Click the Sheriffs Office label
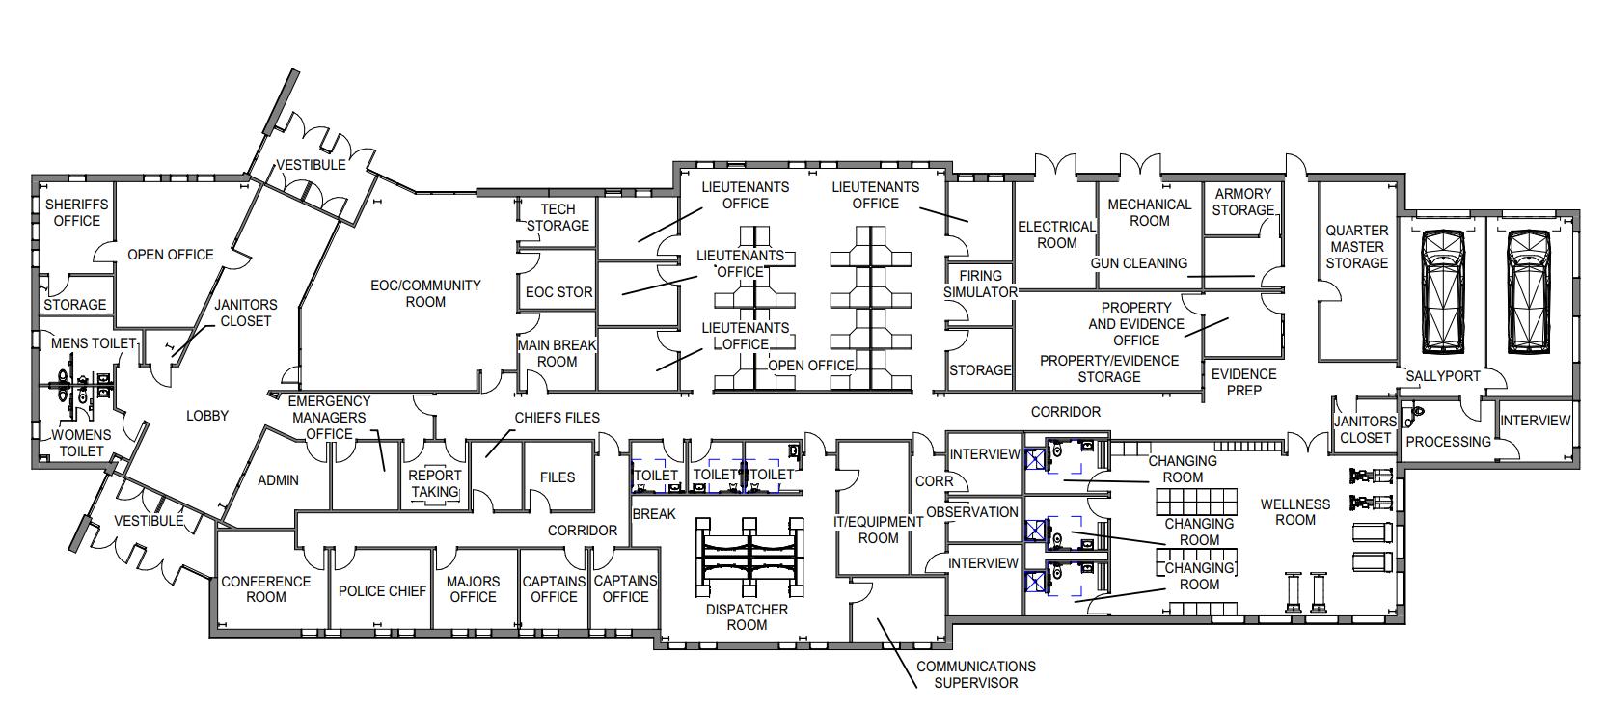click(x=76, y=213)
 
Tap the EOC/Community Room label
click(x=425, y=293)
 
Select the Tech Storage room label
click(x=558, y=217)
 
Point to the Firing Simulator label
click(x=980, y=284)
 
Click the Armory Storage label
click(x=1242, y=202)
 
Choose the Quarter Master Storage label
click(x=1356, y=246)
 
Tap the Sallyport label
click(x=1443, y=376)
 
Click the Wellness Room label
click(x=1294, y=512)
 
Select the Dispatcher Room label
click(x=747, y=617)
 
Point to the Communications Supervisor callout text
click(x=975, y=674)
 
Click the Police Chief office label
click(x=382, y=590)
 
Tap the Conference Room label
click(x=265, y=589)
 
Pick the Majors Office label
click(x=473, y=589)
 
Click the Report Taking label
click(x=435, y=483)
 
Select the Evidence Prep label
click(x=1243, y=382)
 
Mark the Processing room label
click(x=1448, y=442)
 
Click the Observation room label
click(x=972, y=512)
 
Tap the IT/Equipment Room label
click(x=878, y=530)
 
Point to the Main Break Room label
click(x=557, y=353)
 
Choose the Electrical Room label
click(x=1056, y=234)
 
